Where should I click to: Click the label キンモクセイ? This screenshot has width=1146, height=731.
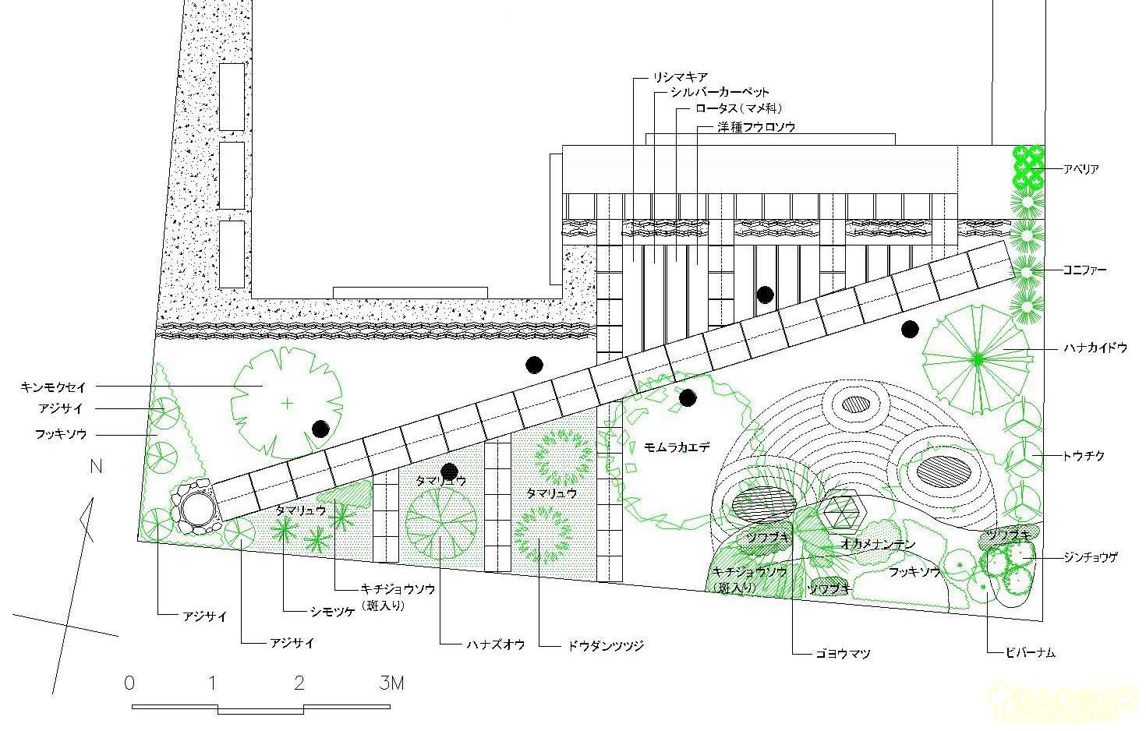pos(54,387)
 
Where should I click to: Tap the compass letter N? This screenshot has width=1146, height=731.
pos(96,468)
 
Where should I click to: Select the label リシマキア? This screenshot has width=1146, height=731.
pos(681,77)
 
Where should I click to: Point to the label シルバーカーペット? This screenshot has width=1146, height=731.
pos(720,93)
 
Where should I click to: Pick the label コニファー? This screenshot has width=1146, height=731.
pos(1084,270)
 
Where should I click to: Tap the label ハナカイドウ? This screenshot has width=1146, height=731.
pos(1096,348)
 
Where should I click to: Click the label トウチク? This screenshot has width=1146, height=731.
pos(1084,456)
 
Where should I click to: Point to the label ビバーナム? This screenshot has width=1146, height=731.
pos(1030,653)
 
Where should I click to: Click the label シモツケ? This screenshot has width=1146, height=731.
pos(333,612)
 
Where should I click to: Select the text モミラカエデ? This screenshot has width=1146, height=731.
pos(677,447)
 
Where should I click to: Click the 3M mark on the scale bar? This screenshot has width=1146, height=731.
pos(391,683)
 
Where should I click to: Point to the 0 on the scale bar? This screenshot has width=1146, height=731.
pos(129,683)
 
